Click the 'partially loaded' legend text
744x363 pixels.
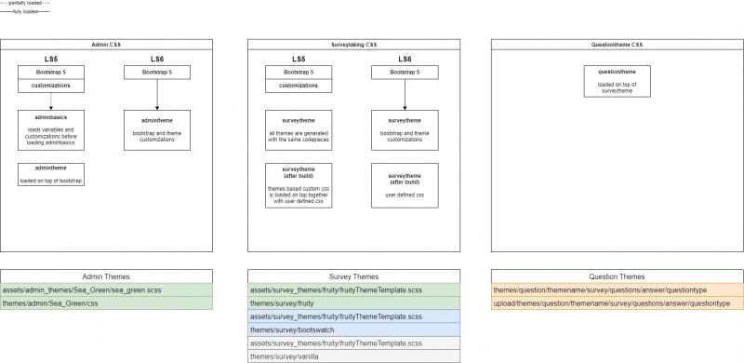coord(25,4)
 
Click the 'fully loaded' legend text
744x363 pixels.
coord(25,12)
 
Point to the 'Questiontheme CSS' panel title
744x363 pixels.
coord(617,45)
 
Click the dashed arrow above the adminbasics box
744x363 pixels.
coord(51,101)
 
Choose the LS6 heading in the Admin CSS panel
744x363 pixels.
coord(157,60)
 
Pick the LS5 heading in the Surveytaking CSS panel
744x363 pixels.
coord(299,60)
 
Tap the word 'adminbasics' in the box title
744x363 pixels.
coord(51,119)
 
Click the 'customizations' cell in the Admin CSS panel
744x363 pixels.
coord(51,86)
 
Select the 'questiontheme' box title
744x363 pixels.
coord(617,72)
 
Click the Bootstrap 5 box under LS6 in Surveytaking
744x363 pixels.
coord(405,73)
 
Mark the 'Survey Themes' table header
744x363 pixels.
coord(353,276)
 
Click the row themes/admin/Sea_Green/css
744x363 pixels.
coord(108,303)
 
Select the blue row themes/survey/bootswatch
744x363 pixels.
coord(353,329)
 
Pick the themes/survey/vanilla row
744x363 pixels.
coord(353,356)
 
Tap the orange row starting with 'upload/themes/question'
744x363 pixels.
coord(617,303)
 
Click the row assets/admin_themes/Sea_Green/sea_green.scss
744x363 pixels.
coord(108,290)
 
